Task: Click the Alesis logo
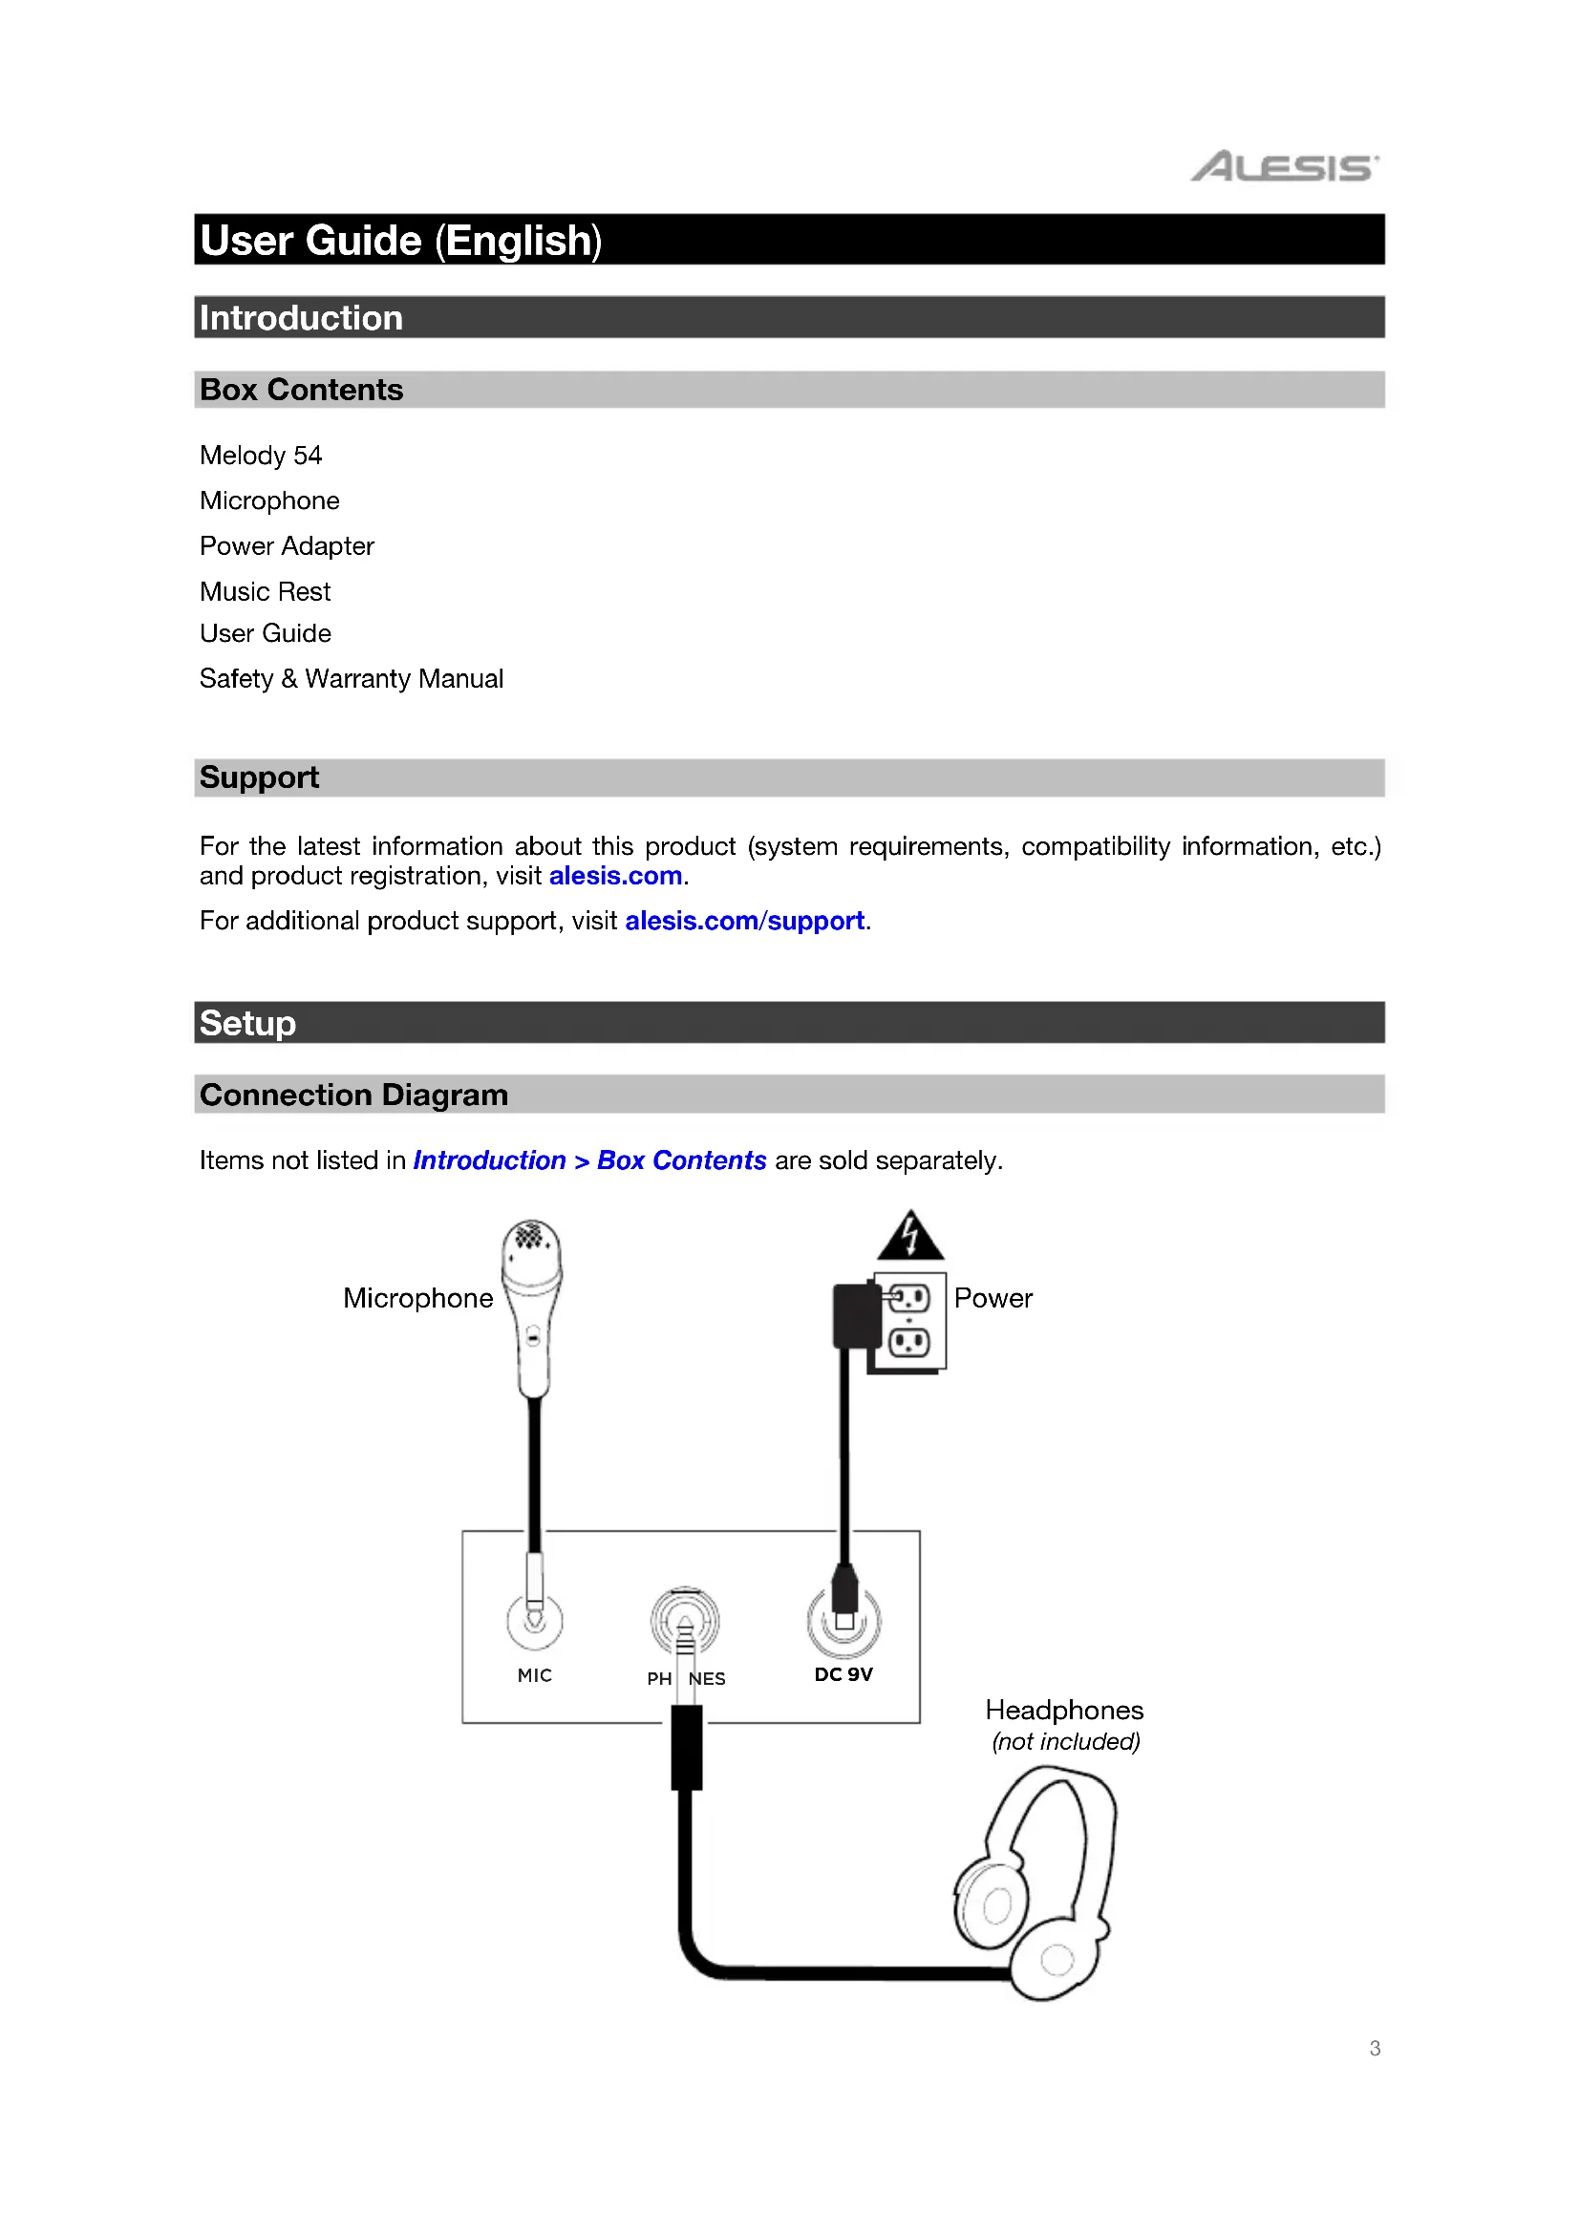[1284, 167]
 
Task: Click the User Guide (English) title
[401, 241]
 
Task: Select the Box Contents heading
[302, 391]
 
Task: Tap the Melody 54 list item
[261, 456]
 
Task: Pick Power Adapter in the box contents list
[287, 546]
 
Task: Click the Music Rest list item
[266, 591]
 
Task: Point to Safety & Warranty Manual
[352, 679]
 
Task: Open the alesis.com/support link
[744, 921]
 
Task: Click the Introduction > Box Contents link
[589, 1160]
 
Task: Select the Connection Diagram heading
[354, 1096]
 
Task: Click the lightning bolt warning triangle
[909, 1237]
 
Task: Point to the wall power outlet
[910, 1320]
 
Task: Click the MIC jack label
[534, 1675]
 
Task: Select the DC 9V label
[843, 1674]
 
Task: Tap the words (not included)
[1066, 1742]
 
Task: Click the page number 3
[1375, 2048]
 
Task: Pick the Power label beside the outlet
[993, 1298]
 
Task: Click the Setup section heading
[248, 1024]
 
